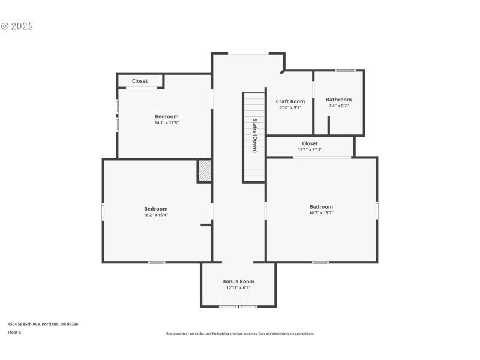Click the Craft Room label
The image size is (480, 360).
click(290, 101)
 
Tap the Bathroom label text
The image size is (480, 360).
click(338, 100)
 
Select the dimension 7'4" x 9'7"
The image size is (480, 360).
click(338, 106)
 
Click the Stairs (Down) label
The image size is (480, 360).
click(254, 136)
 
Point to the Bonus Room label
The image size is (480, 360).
click(238, 281)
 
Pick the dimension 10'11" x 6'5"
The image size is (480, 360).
click(238, 287)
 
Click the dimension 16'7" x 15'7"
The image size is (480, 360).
click(321, 213)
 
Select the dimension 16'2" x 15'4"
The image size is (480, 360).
click(155, 215)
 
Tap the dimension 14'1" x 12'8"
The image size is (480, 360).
click(166, 122)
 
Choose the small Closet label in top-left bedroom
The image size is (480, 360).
click(140, 81)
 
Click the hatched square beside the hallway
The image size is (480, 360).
click(204, 170)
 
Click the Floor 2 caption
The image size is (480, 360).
click(14, 332)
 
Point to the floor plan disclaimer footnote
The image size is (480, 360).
click(239, 334)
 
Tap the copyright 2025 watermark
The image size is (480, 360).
click(17, 26)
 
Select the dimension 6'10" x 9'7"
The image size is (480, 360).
click(290, 107)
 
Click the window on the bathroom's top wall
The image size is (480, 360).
click(345, 70)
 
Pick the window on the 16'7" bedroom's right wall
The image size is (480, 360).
click(377, 209)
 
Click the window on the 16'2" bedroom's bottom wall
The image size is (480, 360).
click(157, 262)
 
